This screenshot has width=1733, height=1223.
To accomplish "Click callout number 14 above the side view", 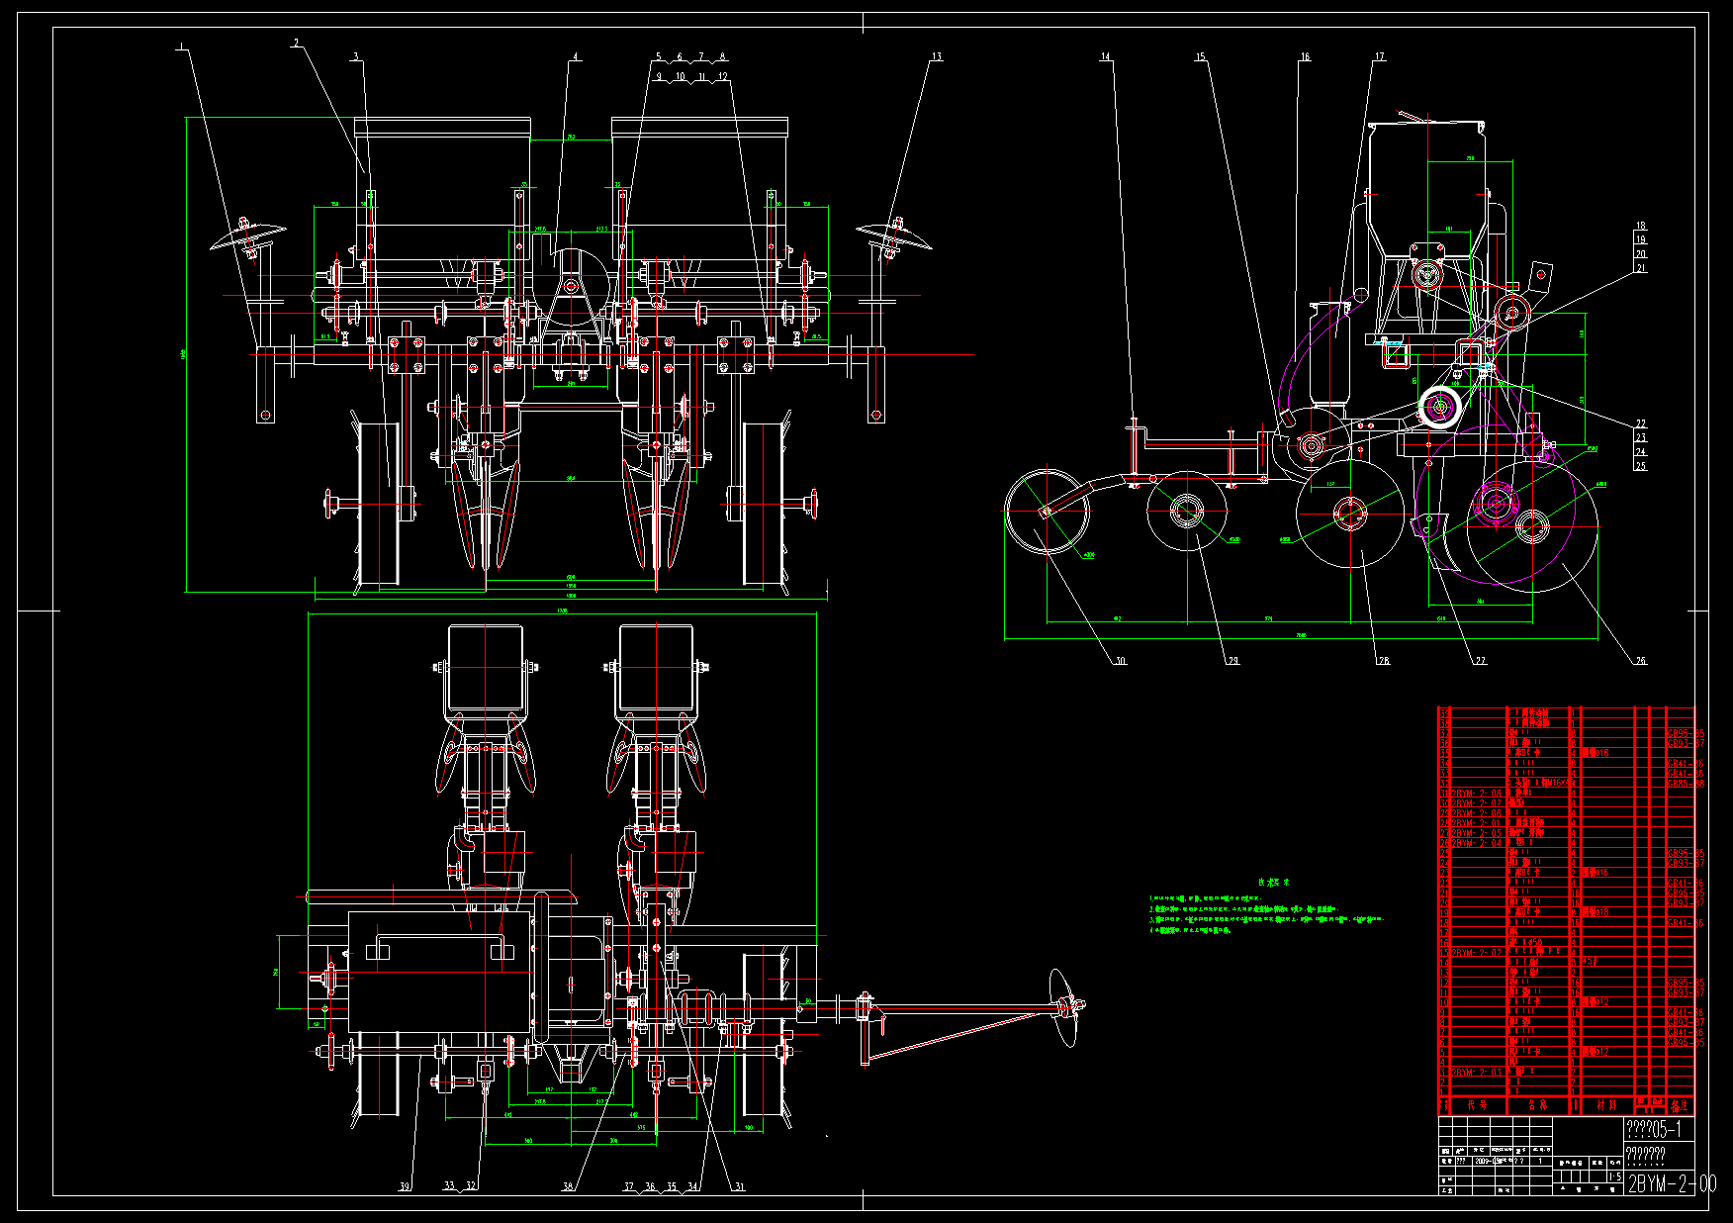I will click(x=1106, y=57).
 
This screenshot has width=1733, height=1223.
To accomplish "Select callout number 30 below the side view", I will click(x=1121, y=661).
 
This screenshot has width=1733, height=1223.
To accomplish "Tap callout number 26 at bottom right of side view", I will click(x=1641, y=661).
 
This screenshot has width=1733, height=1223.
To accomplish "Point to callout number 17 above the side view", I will click(x=1379, y=57).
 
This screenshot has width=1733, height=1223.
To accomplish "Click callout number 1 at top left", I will click(x=181, y=46).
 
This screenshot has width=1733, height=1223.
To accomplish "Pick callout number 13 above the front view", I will click(x=936, y=57).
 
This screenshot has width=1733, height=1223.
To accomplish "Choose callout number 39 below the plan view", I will click(x=405, y=1186).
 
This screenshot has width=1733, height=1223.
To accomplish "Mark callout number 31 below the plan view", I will click(x=739, y=1186).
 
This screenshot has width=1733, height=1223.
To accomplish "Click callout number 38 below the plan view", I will click(x=568, y=1186).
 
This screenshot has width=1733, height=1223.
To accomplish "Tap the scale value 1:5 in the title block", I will click(x=1614, y=1176).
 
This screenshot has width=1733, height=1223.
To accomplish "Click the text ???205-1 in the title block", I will click(x=1653, y=1130).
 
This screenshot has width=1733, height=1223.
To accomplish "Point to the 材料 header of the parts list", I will click(x=1606, y=1105).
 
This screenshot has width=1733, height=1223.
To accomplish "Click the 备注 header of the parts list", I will click(x=1680, y=1105).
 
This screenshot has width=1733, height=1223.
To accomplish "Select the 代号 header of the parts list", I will click(x=1477, y=1105).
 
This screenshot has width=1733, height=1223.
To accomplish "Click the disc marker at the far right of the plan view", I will click(x=1064, y=1007).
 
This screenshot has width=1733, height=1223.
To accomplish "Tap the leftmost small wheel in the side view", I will click(x=1047, y=512).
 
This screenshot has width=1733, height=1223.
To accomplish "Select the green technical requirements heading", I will click(x=1273, y=882).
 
